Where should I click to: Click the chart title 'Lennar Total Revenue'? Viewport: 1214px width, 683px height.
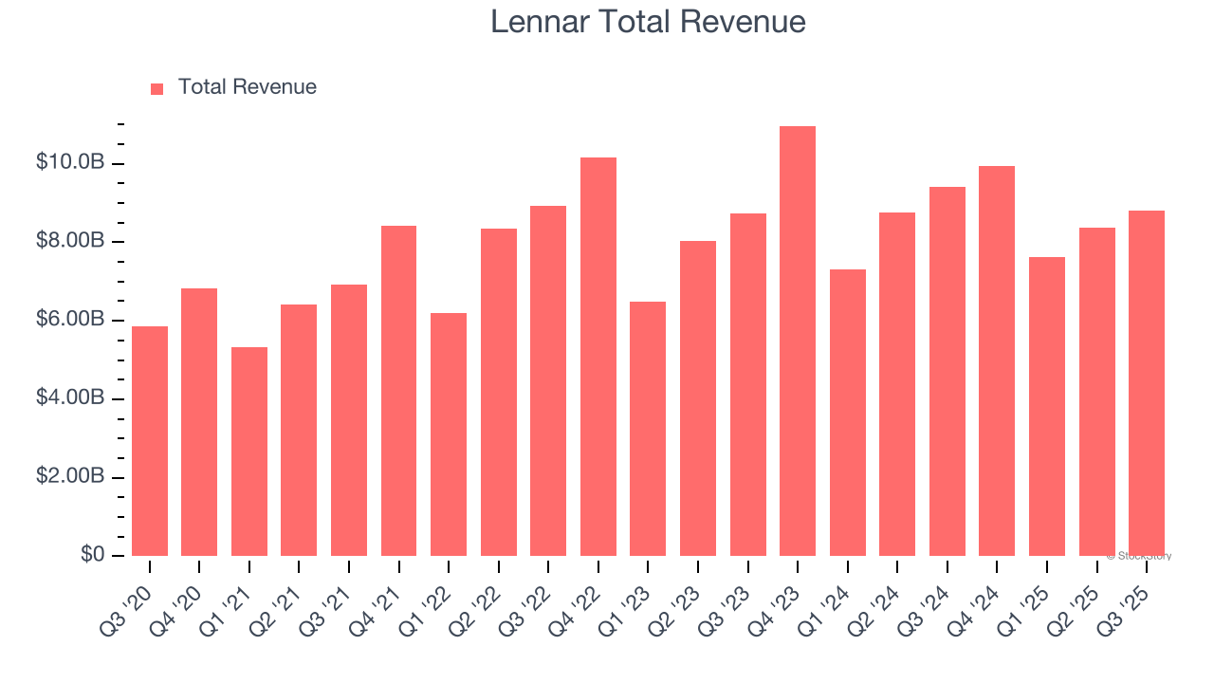click(648, 22)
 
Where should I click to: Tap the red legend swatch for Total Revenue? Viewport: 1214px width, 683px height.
click(157, 88)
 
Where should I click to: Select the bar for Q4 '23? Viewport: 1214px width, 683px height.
click(797, 341)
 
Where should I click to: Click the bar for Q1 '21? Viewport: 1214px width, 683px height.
click(249, 452)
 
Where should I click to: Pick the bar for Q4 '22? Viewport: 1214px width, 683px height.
click(598, 357)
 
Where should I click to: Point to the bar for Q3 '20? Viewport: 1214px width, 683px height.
click(150, 441)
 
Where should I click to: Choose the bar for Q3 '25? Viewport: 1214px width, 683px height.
click(1146, 383)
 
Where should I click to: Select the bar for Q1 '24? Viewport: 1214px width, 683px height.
click(847, 413)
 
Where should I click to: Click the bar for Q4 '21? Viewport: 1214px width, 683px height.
click(398, 391)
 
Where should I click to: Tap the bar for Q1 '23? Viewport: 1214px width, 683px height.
click(648, 429)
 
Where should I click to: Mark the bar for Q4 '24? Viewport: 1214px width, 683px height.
click(997, 360)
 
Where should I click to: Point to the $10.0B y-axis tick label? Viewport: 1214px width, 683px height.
click(70, 163)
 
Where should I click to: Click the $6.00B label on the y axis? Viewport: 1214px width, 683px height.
click(70, 320)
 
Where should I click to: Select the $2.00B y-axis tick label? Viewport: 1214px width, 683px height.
click(70, 477)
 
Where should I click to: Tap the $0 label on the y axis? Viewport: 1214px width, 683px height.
click(92, 555)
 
